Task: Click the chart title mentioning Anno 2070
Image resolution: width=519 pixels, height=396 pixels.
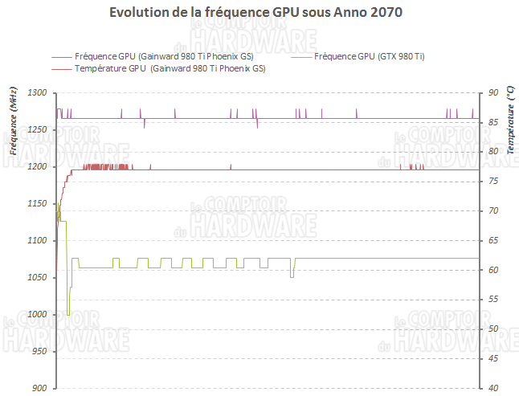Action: coord(255,14)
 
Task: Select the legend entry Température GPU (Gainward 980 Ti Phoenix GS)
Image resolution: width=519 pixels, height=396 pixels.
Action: coord(170,69)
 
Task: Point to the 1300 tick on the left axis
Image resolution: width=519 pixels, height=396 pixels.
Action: coord(38,93)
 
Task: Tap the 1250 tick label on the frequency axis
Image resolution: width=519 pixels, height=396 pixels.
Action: coord(38,130)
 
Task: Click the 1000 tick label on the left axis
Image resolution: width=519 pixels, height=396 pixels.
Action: coord(38,315)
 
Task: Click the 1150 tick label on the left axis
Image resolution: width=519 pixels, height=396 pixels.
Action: coord(38,204)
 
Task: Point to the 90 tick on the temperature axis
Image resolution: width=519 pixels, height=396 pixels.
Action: coord(491,93)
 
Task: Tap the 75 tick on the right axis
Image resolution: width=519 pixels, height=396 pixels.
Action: coord(491,182)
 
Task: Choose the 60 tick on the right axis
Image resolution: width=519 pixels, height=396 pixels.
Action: coord(491,271)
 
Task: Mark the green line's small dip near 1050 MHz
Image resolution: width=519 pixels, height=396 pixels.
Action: coord(292,276)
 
